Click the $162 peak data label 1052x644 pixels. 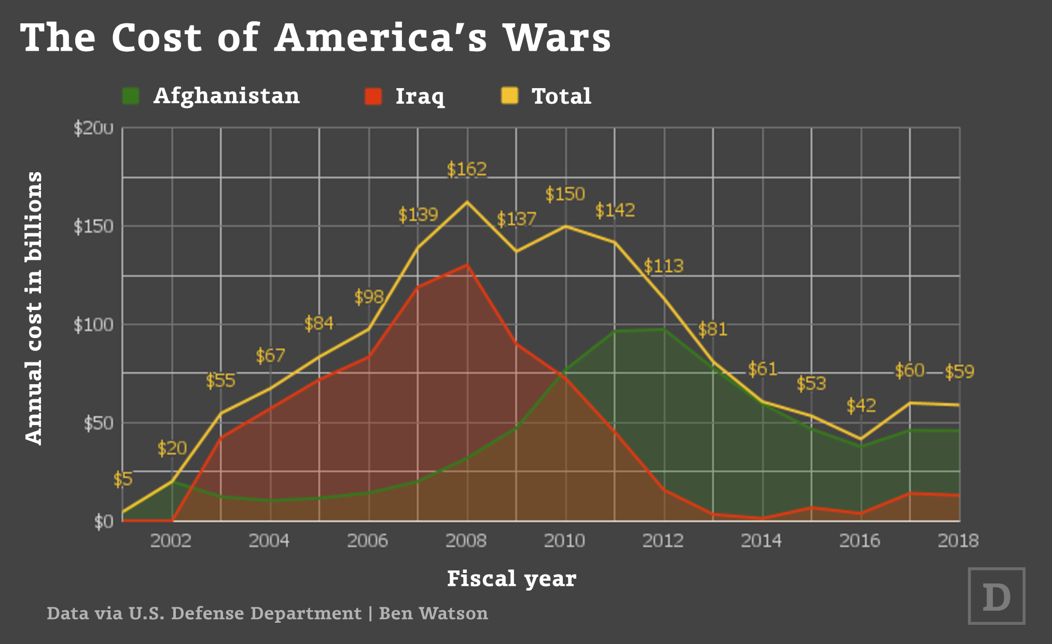click(467, 169)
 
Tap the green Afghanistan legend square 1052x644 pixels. click(131, 96)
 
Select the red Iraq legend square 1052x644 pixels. click(373, 96)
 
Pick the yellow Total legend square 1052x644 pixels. click(509, 96)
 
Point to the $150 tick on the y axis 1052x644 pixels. click(93, 227)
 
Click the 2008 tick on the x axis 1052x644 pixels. click(466, 541)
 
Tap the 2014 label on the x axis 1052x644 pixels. click(761, 541)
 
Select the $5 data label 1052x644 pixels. click(123, 479)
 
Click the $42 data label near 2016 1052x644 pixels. click(861, 405)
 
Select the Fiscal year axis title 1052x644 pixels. click(511, 579)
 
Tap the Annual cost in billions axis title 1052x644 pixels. click(33, 308)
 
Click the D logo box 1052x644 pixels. click(996, 596)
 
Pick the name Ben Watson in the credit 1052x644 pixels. click(434, 613)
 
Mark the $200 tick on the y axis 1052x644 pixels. click(93, 128)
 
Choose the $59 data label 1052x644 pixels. click(959, 372)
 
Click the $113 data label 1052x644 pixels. click(663, 266)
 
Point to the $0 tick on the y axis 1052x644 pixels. click(104, 521)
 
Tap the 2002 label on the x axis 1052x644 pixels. click(171, 541)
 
